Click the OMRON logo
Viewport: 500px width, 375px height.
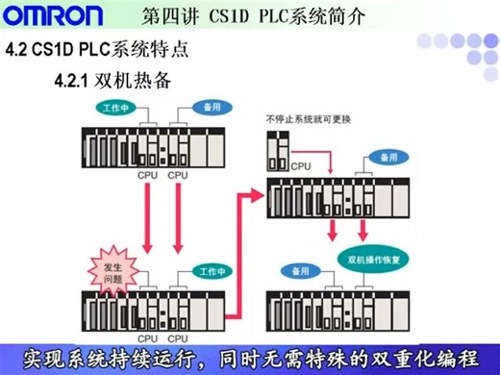(x=52, y=16)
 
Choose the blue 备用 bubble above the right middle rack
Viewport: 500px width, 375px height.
(x=387, y=156)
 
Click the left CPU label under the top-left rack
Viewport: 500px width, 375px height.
(x=147, y=176)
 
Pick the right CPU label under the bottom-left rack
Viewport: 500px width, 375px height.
(x=177, y=338)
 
